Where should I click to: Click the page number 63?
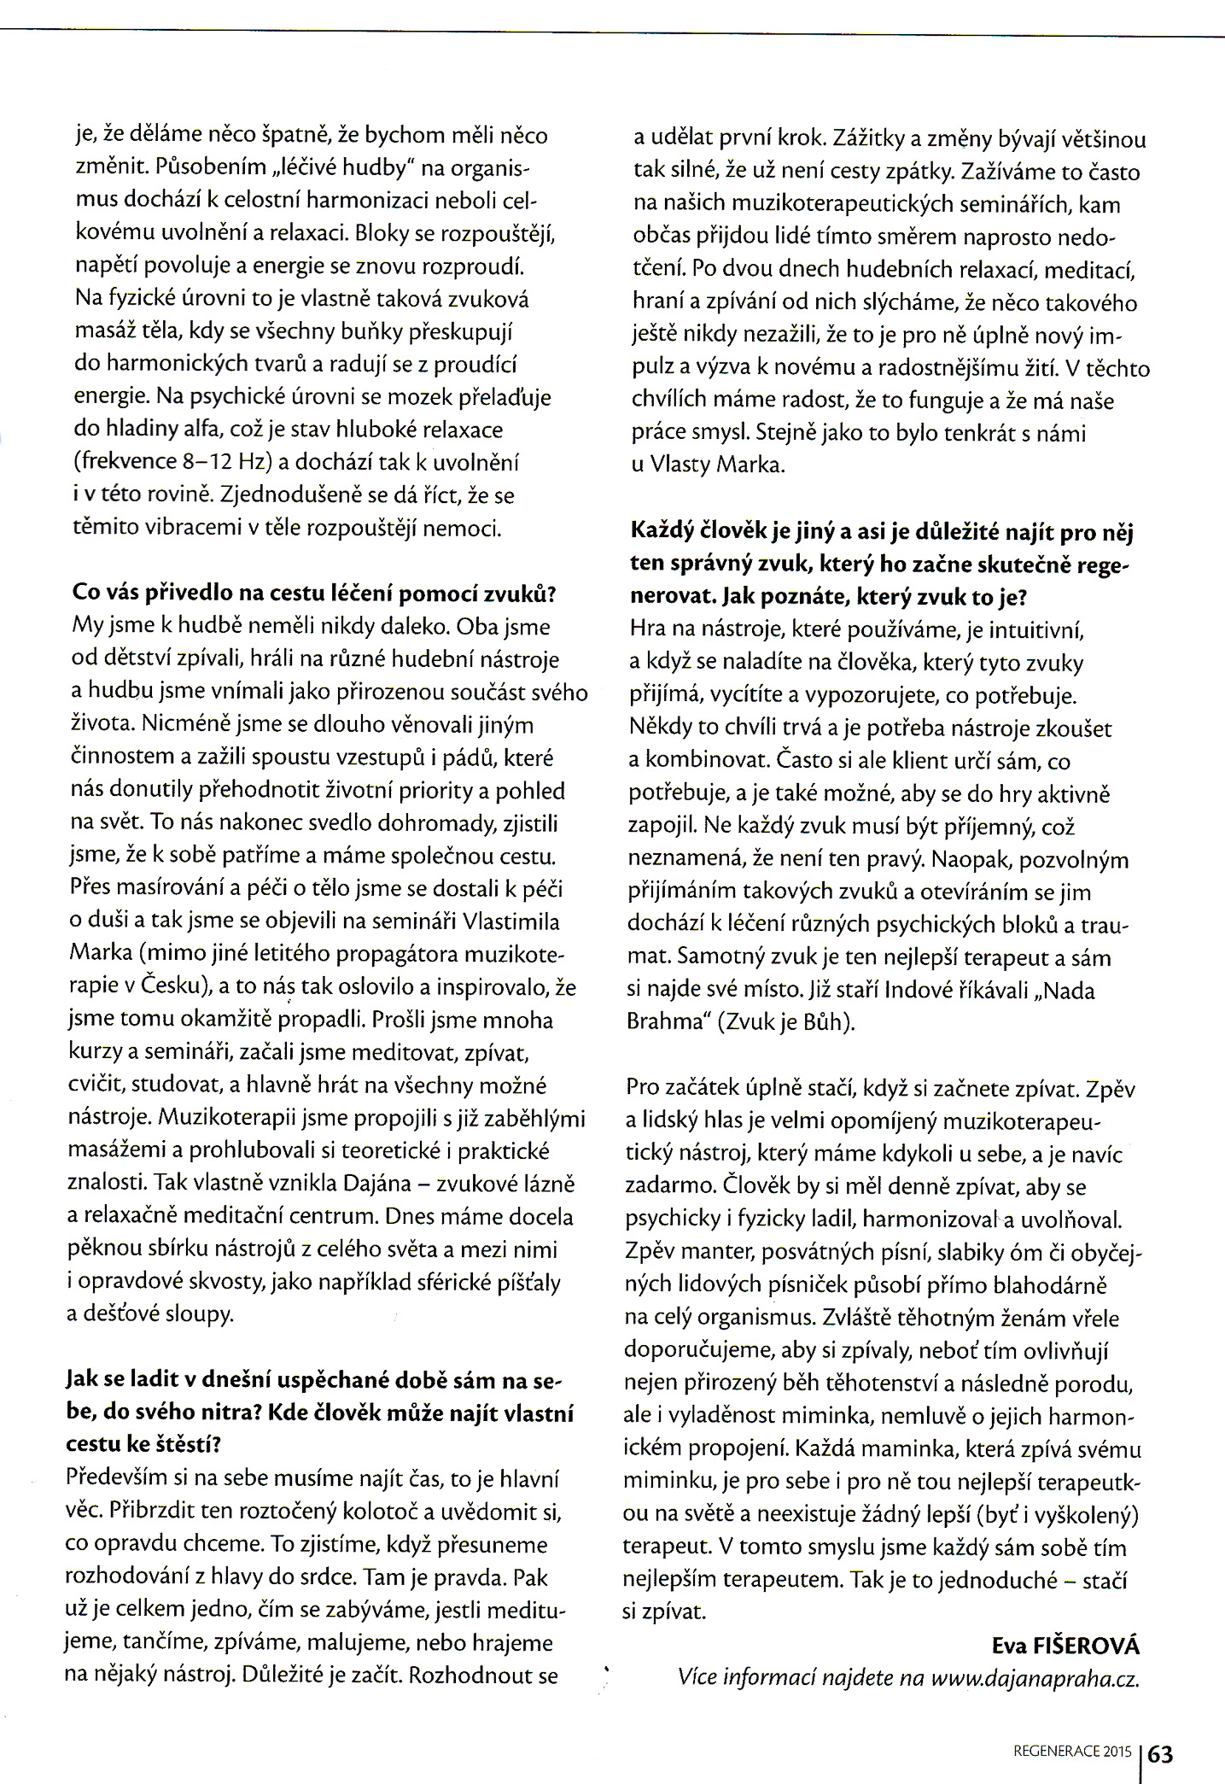click(x=1161, y=1754)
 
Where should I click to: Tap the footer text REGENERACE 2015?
click(x=1072, y=1751)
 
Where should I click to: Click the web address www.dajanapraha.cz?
click(x=1035, y=1678)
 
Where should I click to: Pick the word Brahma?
click(x=664, y=1022)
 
